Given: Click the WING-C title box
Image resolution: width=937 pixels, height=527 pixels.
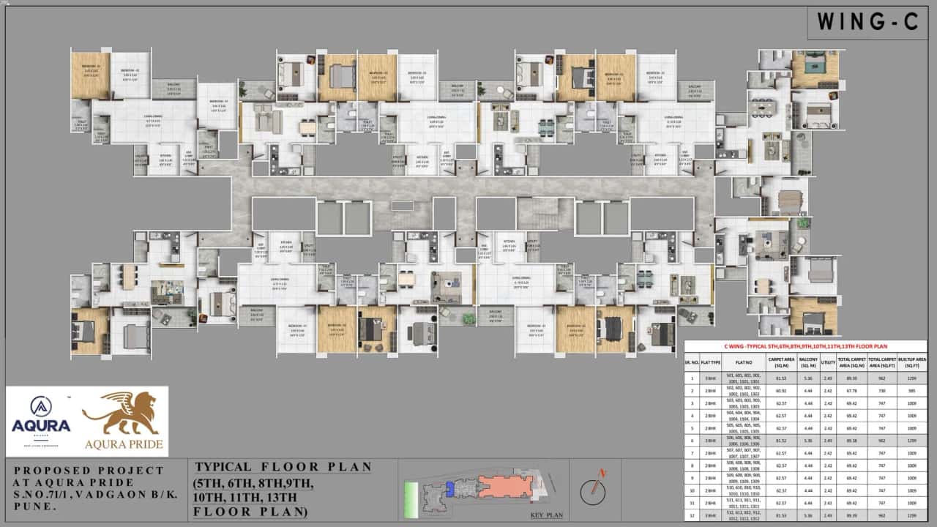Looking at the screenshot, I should [x=869, y=22].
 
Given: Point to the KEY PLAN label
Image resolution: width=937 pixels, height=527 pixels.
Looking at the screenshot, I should [x=546, y=515].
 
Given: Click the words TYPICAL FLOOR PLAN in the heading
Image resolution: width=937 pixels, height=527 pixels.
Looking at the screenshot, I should [x=283, y=467].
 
